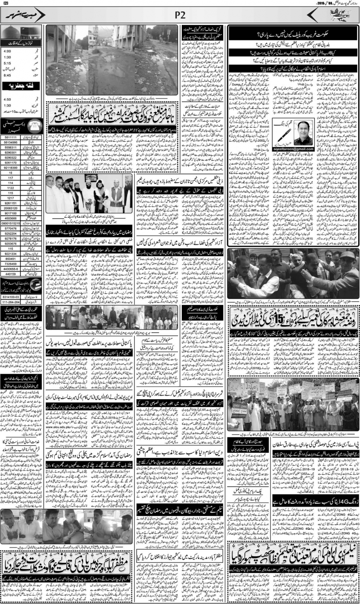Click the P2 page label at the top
[x=180, y=16]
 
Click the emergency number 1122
[x=10, y=188]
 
